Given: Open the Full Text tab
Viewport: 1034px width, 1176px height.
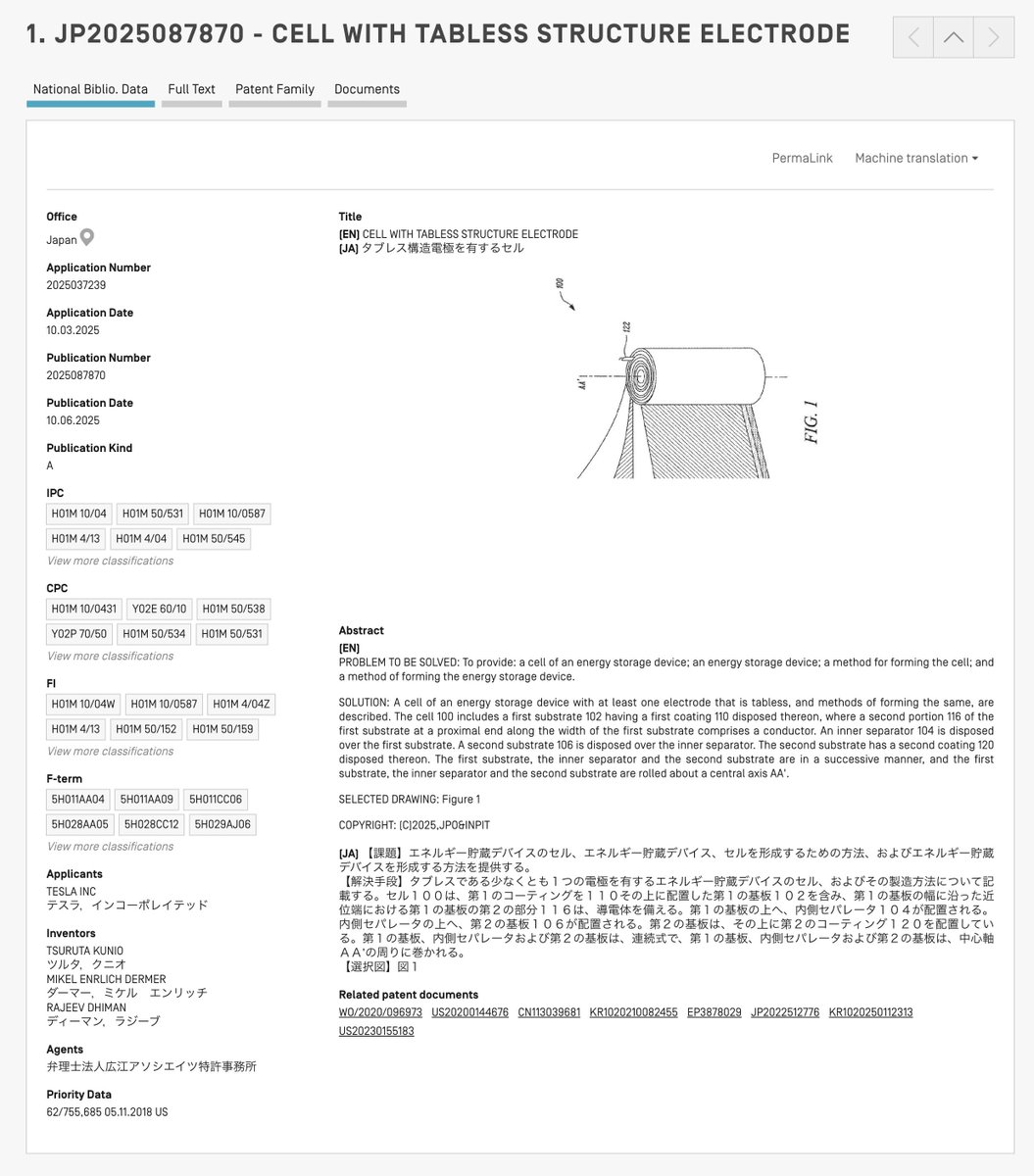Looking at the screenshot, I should click(191, 89).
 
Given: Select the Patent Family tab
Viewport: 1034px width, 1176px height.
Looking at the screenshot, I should click(274, 89).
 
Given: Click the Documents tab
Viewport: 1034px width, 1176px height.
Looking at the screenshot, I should click(367, 89).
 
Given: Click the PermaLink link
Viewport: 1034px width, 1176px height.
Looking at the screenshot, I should click(802, 158).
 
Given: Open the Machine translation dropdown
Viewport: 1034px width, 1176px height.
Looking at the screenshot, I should click(916, 158).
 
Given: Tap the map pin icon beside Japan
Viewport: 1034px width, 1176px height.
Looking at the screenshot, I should click(87, 238).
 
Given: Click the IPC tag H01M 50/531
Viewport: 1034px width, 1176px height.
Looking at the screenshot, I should click(153, 514).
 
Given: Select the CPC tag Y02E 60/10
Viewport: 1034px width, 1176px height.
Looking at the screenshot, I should click(159, 609).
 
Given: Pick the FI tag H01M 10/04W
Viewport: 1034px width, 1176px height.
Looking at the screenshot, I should click(83, 704).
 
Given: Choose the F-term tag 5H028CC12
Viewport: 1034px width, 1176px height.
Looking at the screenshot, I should click(152, 824).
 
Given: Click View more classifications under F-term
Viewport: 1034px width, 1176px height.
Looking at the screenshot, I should click(110, 847).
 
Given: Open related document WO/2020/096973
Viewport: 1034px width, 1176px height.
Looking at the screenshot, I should click(380, 1012).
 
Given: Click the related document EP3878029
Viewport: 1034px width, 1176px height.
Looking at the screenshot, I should click(714, 1012).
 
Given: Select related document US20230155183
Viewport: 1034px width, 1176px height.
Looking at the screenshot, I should click(376, 1031).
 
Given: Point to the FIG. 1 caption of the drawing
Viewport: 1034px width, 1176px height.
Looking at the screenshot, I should click(812, 421).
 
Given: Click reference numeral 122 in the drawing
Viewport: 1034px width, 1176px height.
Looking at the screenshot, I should click(626, 327).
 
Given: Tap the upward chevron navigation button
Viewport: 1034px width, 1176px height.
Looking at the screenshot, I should click(953, 38).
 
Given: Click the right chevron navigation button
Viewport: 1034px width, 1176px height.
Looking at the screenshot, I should click(994, 38).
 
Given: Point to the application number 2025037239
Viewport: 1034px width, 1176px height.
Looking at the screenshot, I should click(75, 285).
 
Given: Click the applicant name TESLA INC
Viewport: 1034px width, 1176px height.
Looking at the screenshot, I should click(72, 891).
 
